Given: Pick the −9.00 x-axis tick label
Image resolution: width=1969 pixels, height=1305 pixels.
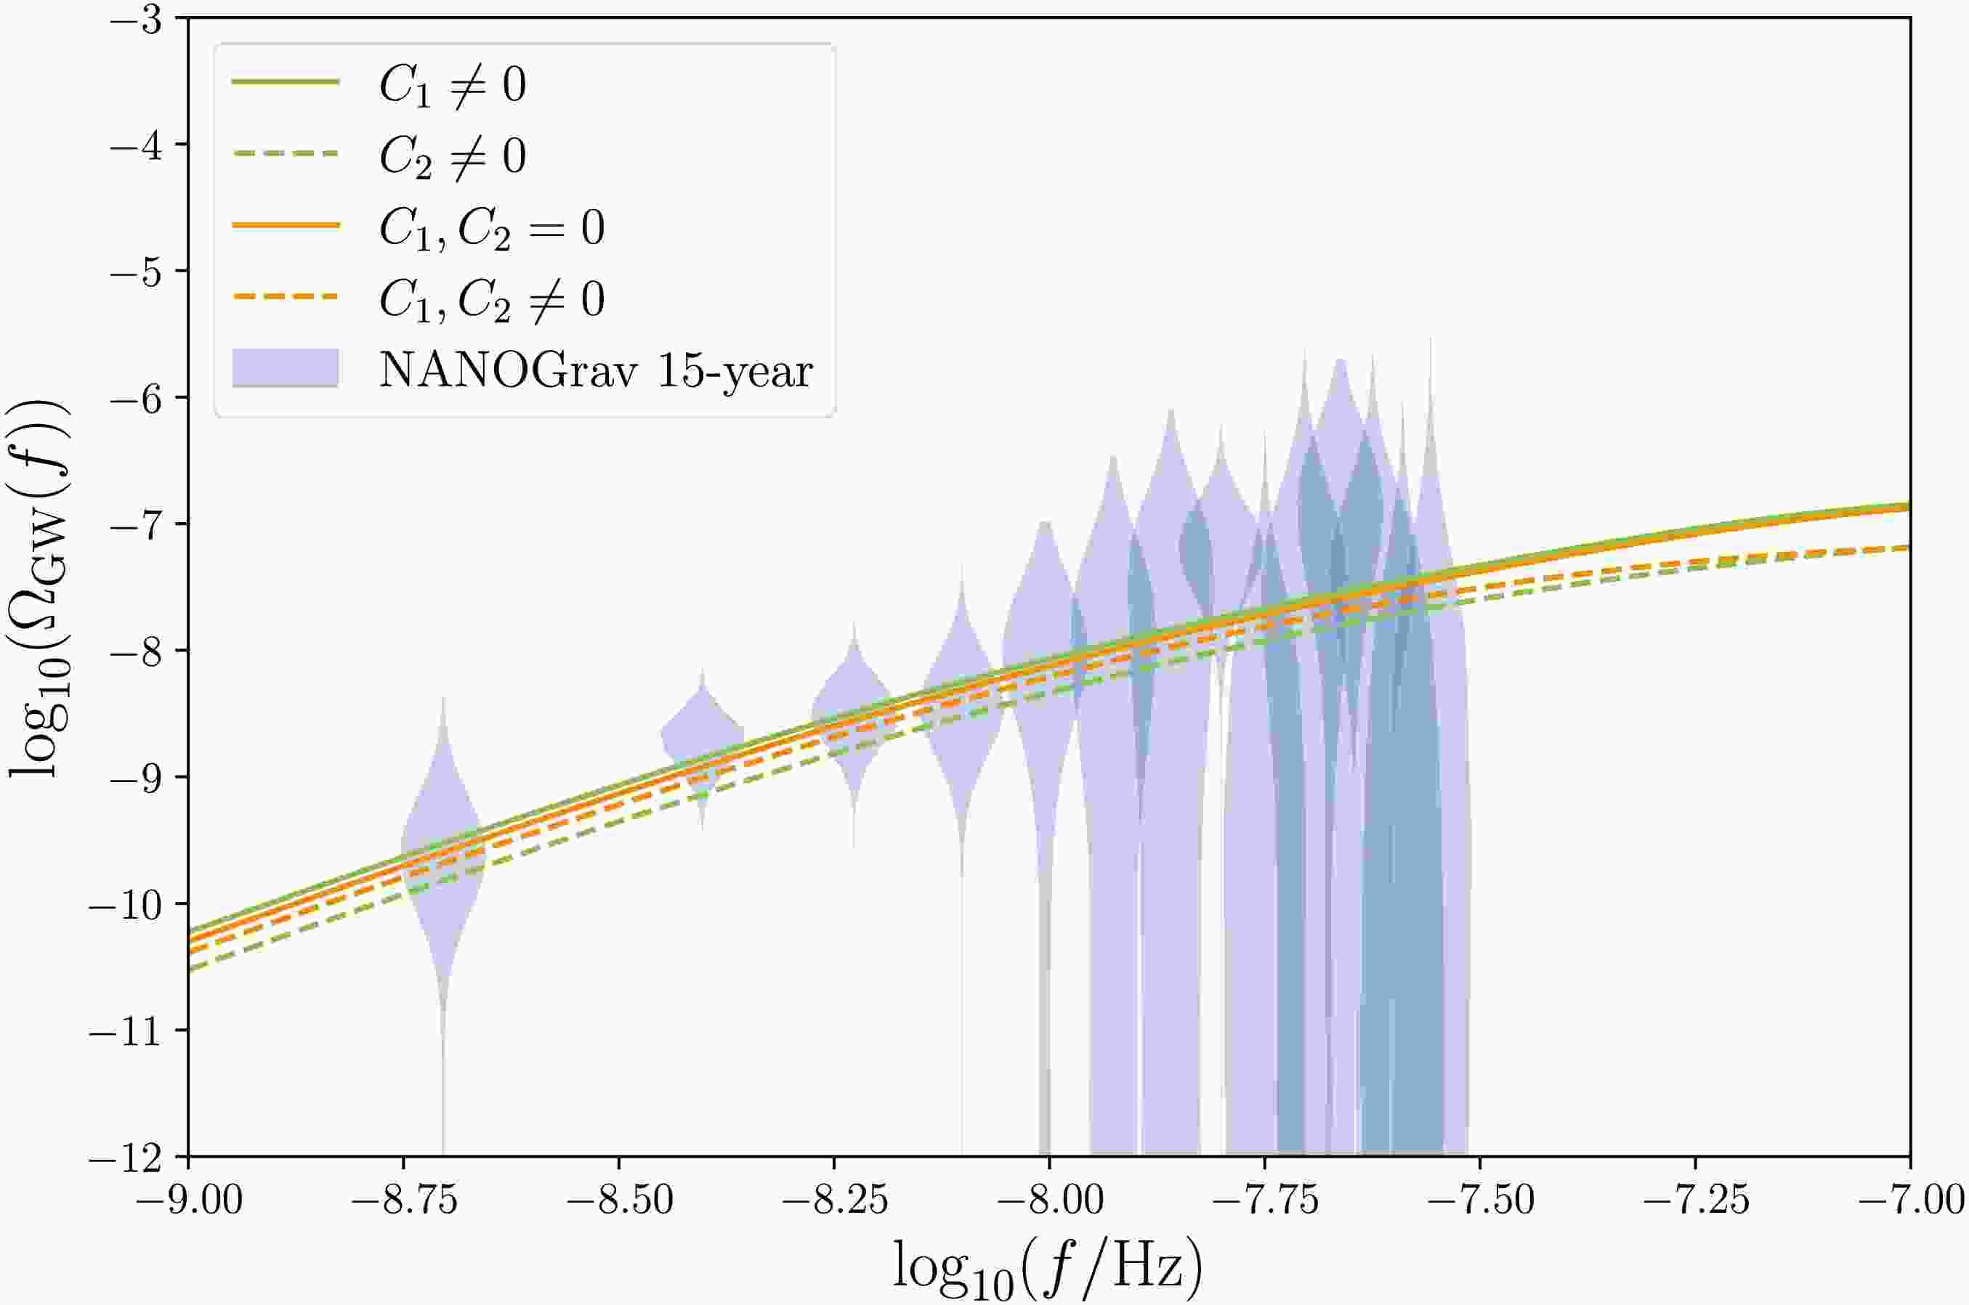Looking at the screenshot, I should [x=189, y=1201].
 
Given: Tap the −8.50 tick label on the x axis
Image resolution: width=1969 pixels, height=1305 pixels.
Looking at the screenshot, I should [x=618, y=1201].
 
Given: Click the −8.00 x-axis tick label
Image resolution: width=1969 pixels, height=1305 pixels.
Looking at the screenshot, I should [x=1049, y=1201].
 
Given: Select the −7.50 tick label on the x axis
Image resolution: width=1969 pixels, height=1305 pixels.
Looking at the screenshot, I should [x=1479, y=1201].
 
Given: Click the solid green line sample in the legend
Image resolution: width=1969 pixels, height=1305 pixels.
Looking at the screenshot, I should [x=286, y=81].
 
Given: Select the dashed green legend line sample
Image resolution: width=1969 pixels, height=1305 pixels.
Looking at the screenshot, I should [x=286, y=154].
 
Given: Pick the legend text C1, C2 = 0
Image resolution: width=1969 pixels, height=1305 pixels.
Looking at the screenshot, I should [x=492, y=227].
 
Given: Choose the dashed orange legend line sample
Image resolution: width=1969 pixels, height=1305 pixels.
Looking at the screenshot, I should [x=286, y=297].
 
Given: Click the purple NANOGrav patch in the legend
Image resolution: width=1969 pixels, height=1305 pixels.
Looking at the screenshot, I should [x=286, y=368].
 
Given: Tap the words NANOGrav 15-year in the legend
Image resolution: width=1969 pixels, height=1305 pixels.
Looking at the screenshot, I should [x=596, y=370].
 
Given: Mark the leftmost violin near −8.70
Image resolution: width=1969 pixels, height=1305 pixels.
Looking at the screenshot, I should [x=443, y=857].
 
